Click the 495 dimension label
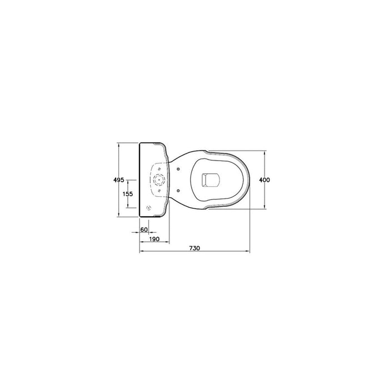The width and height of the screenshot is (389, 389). pos(118,180)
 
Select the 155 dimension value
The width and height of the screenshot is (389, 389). pos(128,194)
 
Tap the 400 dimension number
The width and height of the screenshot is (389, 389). pos(265,179)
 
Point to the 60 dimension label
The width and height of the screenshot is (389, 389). pos(144,230)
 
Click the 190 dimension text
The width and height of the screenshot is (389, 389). pos(154,239)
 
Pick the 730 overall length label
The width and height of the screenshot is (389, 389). pos(194,248)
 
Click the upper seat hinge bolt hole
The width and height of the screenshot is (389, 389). pos(178,169)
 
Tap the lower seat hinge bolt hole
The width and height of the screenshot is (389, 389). pos(178,190)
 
